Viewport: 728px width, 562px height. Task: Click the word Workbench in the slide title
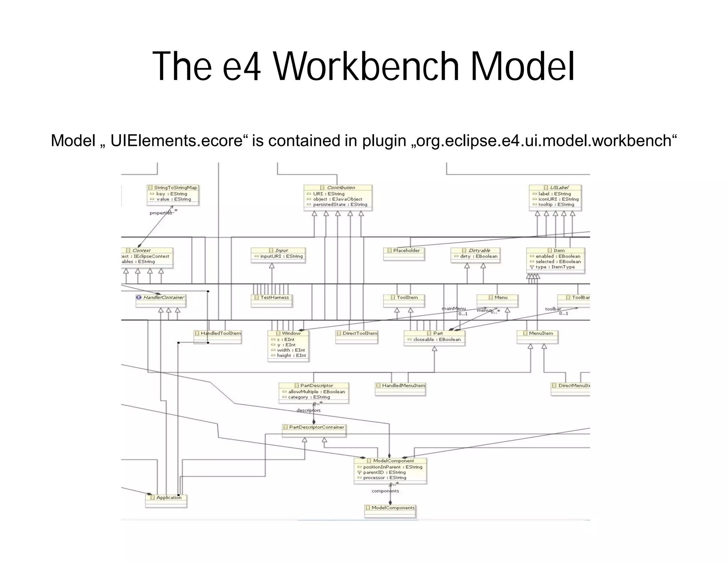coord(366,66)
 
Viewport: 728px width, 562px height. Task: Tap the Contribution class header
coord(338,188)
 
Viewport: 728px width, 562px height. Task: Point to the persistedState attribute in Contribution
coord(340,205)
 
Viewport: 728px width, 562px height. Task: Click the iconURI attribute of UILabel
coord(558,199)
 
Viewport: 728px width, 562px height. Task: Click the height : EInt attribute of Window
coord(291,355)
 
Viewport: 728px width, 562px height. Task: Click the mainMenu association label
coord(454,308)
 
